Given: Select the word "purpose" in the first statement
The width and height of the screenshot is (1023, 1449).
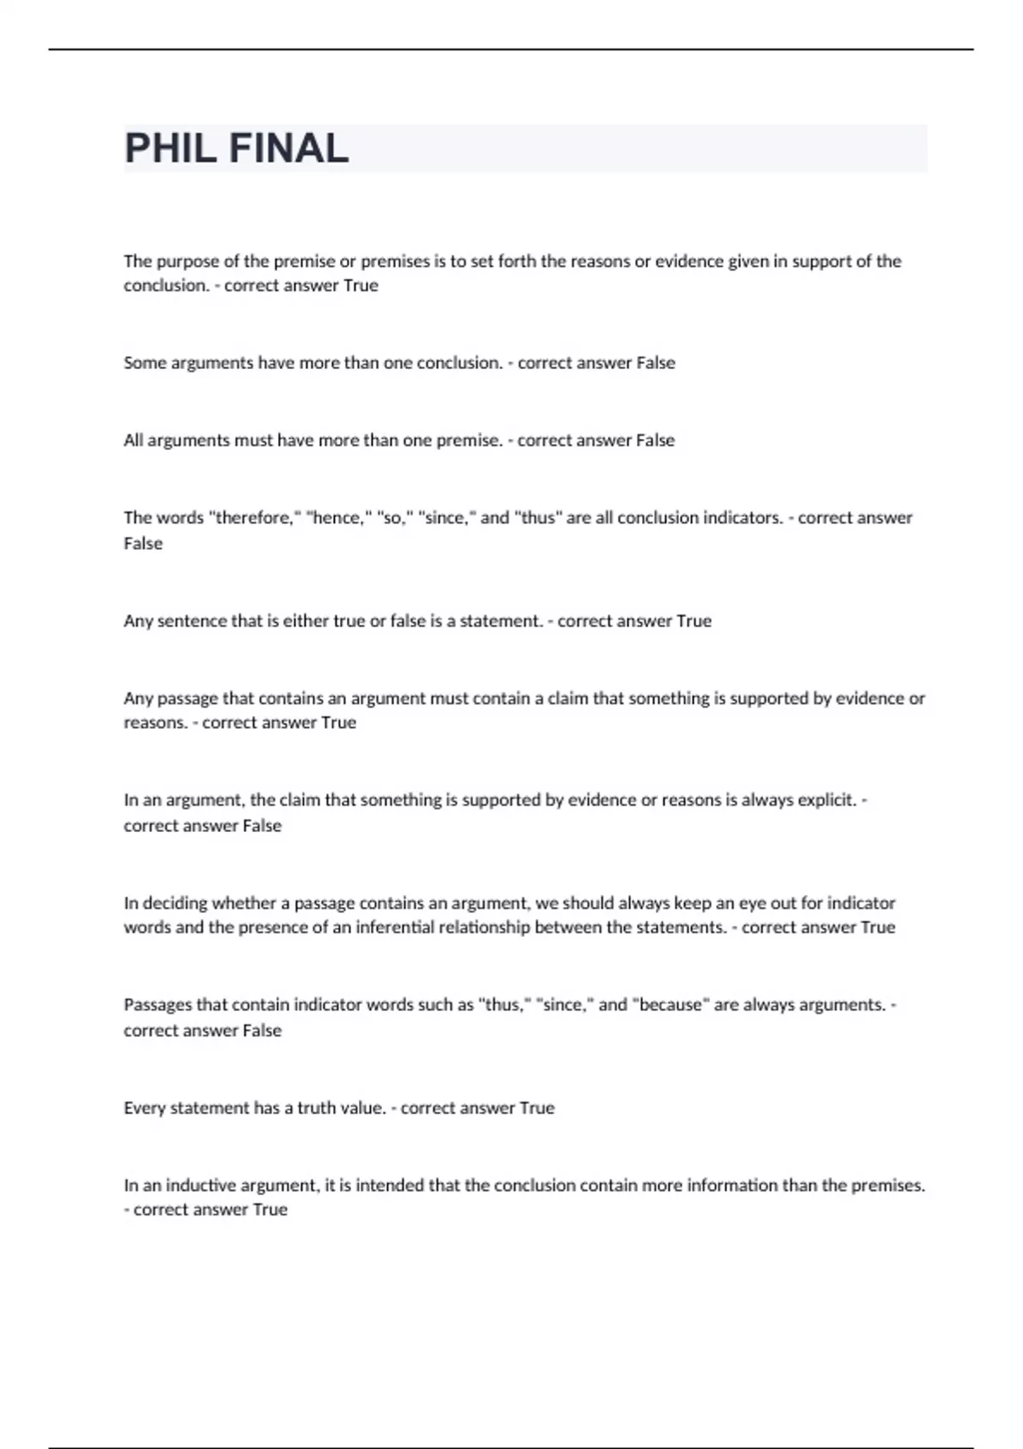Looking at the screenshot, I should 188,262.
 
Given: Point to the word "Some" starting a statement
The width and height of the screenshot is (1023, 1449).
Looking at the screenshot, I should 145,363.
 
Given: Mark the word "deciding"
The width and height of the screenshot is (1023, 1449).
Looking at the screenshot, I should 175,903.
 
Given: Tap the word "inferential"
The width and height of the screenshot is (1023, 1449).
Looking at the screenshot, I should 392,927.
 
